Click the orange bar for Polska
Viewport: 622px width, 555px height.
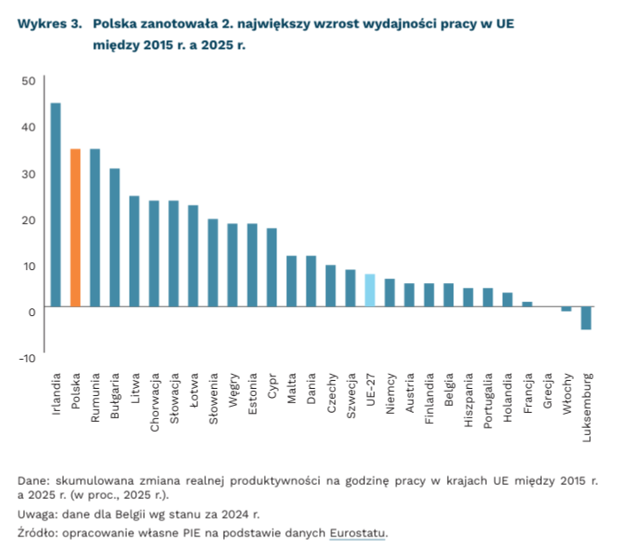pyautogui.click(x=76, y=228)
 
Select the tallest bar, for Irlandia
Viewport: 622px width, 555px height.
pyautogui.click(x=56, y=205)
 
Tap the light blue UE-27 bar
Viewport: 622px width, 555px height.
pyautogui.click(x=370, y=290)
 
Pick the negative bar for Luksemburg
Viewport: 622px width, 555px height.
pyautogui.click(x=586, y=318)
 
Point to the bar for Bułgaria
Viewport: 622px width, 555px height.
pyautogui.click(x=115, y=237)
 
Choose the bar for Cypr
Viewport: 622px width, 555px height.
pyautogui.click(x=272, y=267)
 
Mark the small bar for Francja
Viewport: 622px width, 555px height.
pyautogui.click(x=527, y=304)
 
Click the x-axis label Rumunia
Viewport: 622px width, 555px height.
pyautogui.click(x=95, y=395)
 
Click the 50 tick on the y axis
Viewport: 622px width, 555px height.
pyautogui.click(x=28, y=81)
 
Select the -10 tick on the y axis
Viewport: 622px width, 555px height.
pyautogui.click(x=26, y=358)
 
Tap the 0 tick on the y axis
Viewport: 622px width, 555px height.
pyautogui.click(x=31, y=312)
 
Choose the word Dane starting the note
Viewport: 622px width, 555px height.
pyautogui.click(x=34, y=480)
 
